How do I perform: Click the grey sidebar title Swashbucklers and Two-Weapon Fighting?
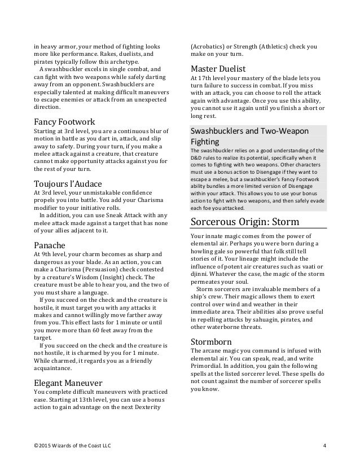coord(250,137)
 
